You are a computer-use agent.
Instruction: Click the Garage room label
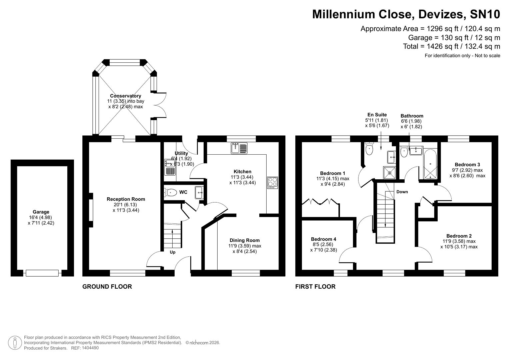coord(41,212)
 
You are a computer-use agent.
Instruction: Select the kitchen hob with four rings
coord(272,183)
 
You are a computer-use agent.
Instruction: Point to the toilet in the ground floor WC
coord(171,192)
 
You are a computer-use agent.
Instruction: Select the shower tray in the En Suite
coord(390,173)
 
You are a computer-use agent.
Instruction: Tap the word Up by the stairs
coord(172,252)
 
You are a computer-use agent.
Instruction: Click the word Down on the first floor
coord(402,192)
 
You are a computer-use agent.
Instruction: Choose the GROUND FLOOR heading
coord(107,287)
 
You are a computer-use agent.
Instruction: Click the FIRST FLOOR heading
coord(315,287)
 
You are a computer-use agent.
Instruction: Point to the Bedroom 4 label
coord(323,239)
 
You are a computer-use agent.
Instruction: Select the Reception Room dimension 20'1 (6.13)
coord(126,205)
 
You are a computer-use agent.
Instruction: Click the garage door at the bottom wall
coord(42,273)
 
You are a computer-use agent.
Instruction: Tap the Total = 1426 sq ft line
coord(451,47)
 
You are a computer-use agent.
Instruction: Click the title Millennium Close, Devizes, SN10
coord(406,14)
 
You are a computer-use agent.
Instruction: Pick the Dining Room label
coord(244,240)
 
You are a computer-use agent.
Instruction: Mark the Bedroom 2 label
coord(459,236)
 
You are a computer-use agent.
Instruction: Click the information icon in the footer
coord(15,343)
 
